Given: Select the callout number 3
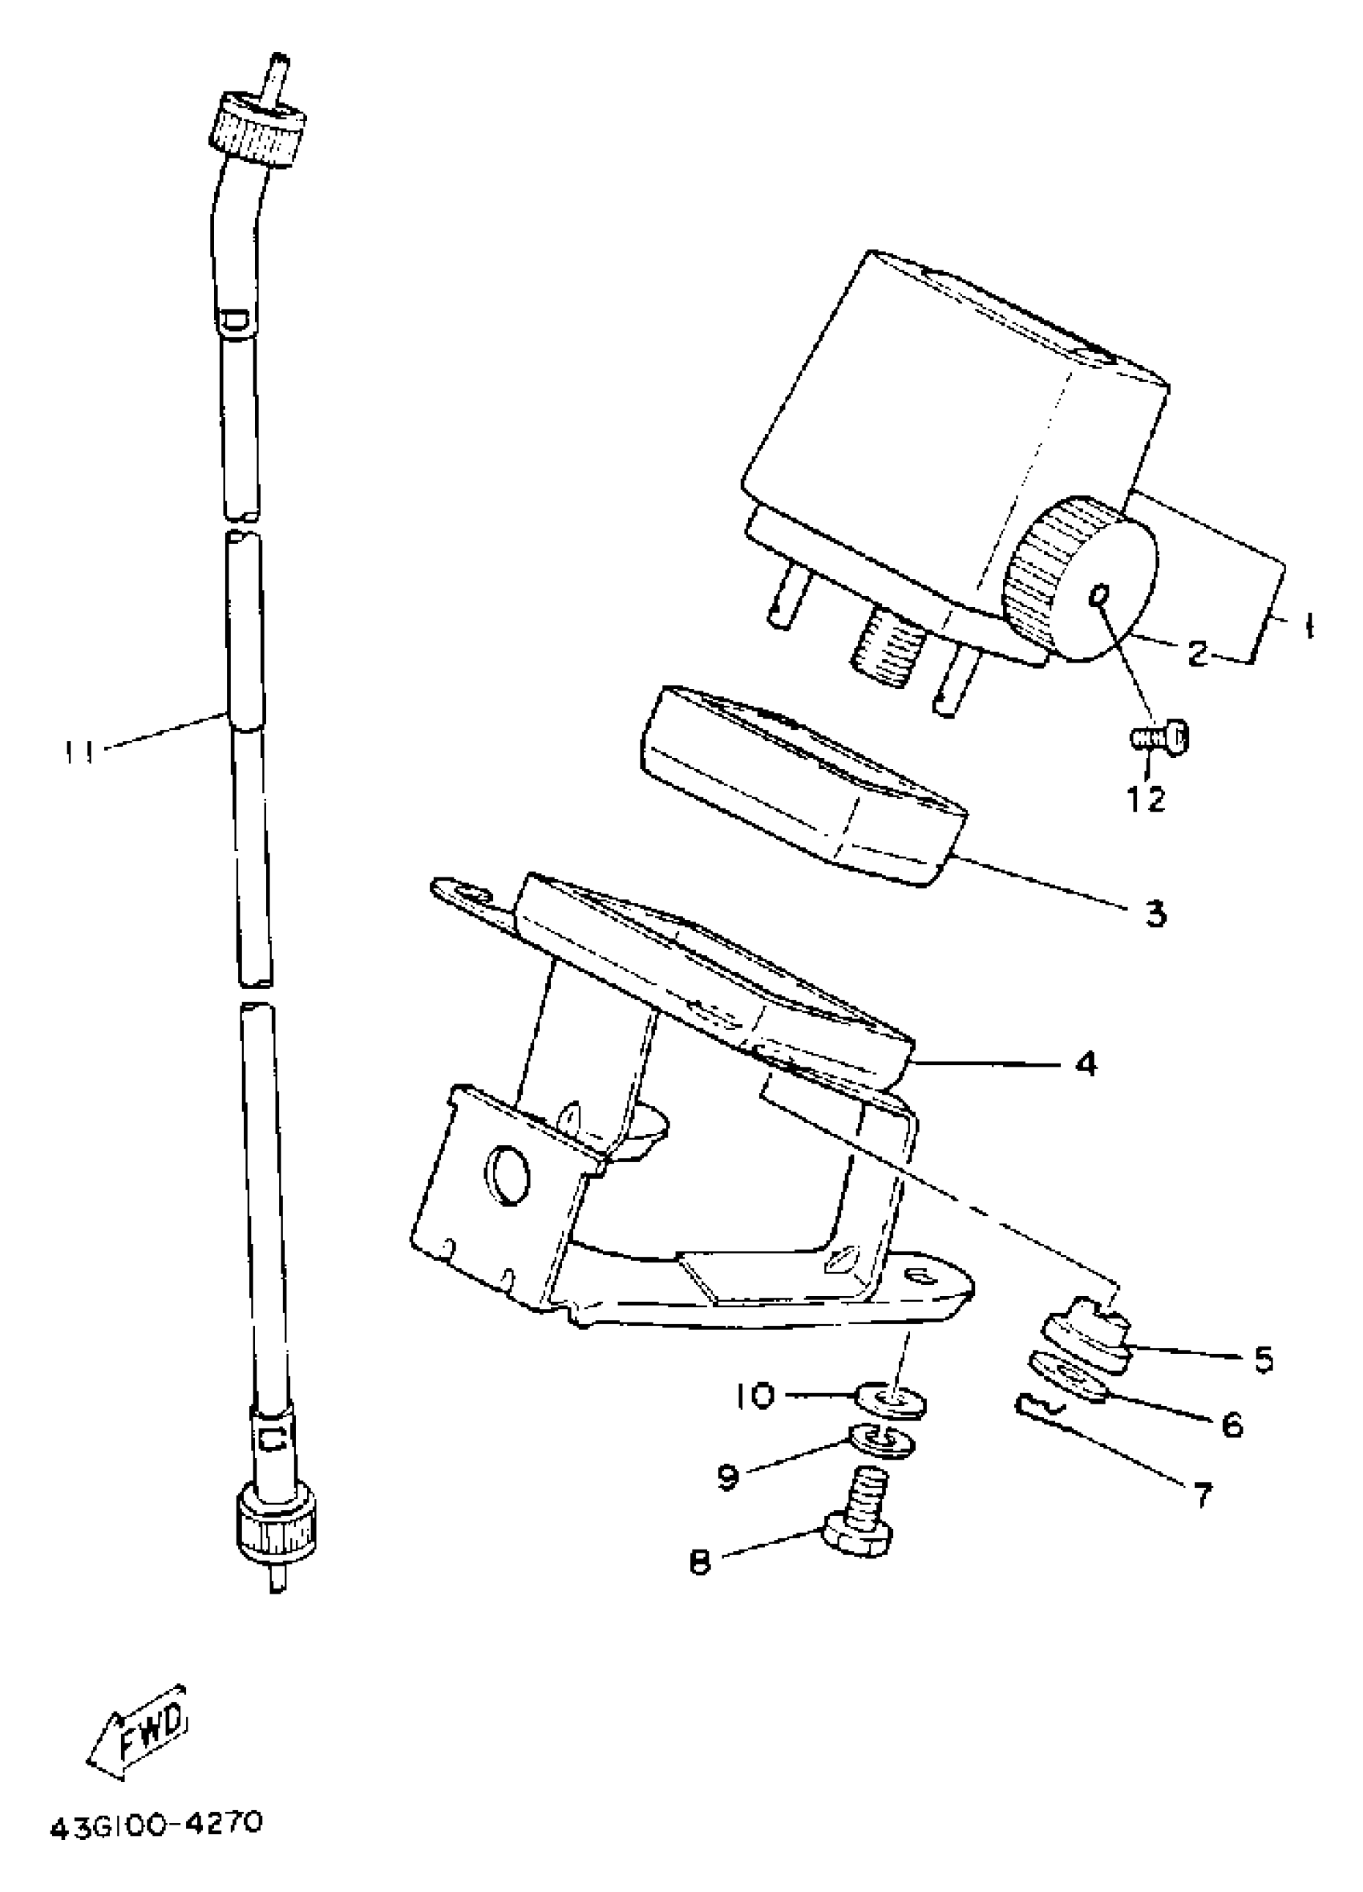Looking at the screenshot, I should click(1155, 915).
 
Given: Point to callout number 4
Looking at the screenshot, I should click(1085, 1063).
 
